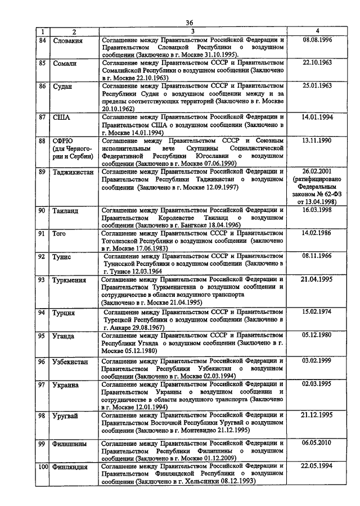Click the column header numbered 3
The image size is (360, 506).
(x=192, y=31)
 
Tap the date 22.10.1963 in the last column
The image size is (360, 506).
(x=317, y=63)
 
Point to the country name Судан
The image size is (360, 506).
(x=62, y=86)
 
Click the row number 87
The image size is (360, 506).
(x=42, y=118)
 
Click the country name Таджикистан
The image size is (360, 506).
(x=73, y=172)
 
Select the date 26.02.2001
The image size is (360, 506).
(x=317, y=171)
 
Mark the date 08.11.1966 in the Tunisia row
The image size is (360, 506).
(x=317, y=255)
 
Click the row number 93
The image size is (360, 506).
(x=42, y=279)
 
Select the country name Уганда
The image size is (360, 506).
(x=63, y=336)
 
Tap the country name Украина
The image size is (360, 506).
(x=65, y=385)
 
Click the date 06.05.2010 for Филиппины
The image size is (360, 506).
(x=317, y=442)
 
